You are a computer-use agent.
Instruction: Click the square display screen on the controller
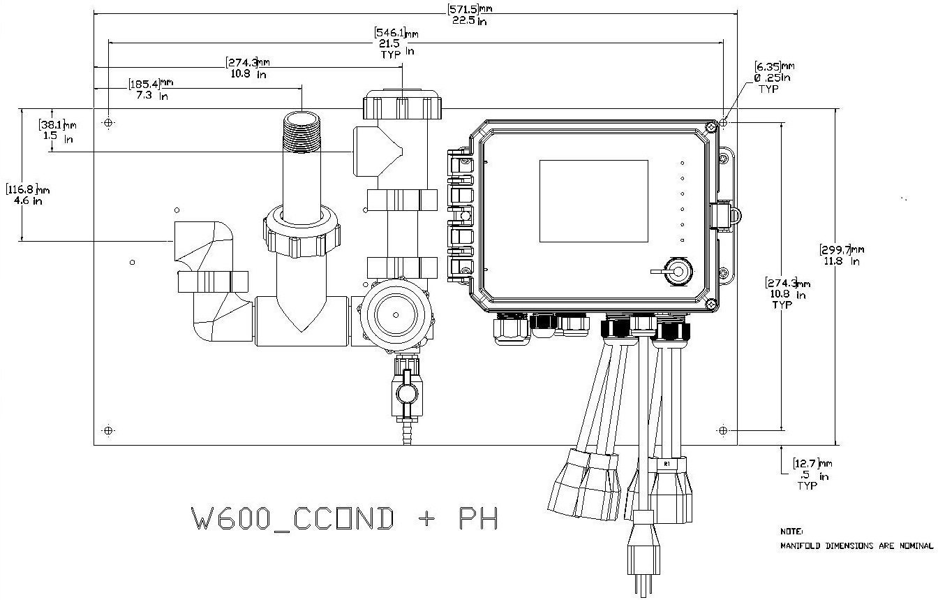click(593, 200)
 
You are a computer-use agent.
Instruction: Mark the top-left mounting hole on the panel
click(108, 123)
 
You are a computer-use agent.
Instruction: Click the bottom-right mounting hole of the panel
click(723, 430)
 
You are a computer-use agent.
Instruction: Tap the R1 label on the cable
click(667, 463)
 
